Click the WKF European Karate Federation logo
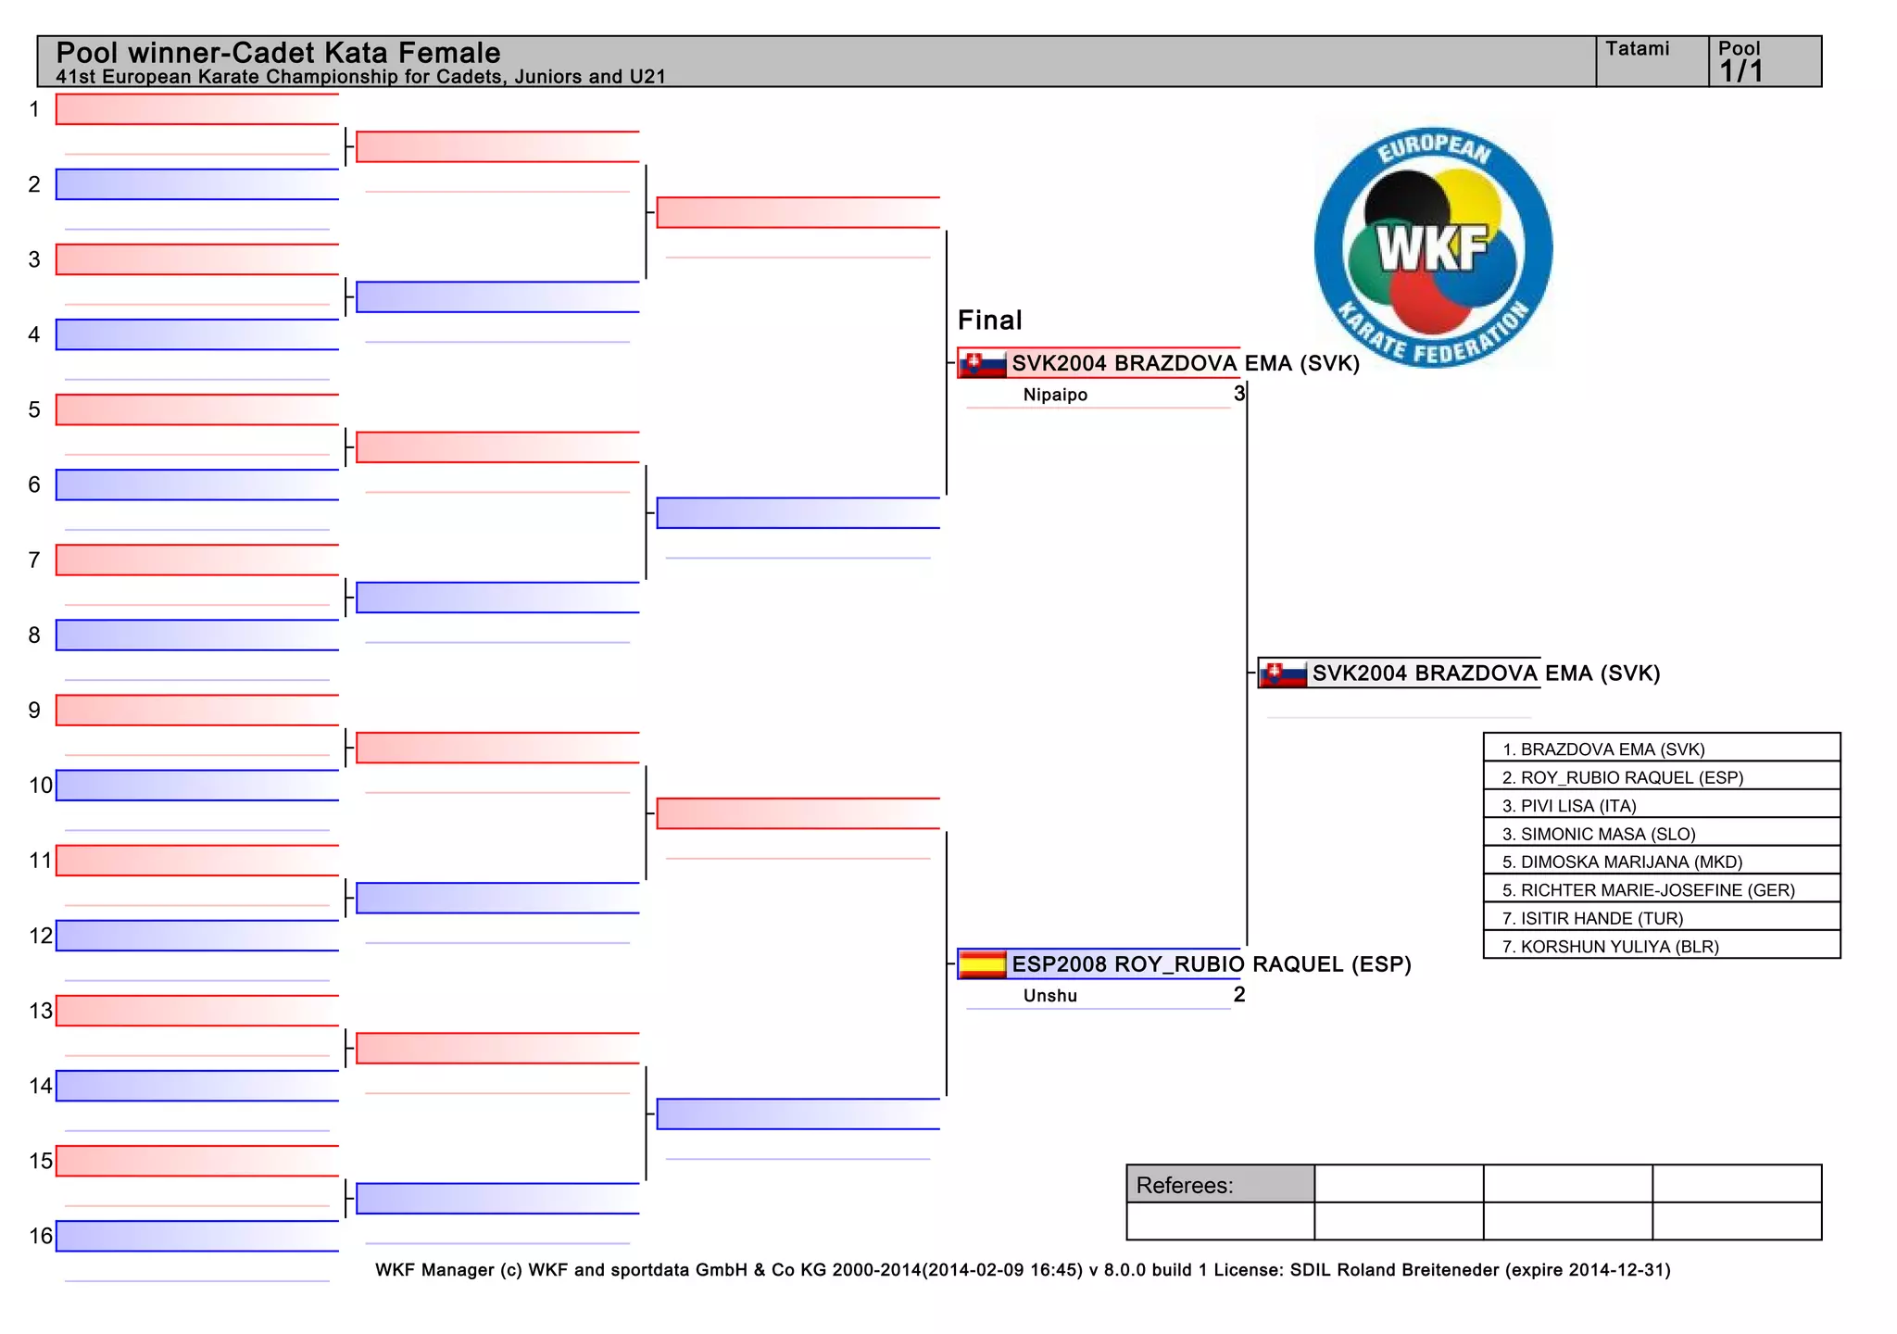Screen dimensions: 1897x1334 coord(1433,247)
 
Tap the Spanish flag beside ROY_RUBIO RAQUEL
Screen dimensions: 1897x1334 coord(983,964)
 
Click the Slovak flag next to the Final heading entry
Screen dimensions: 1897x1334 coord(983,363)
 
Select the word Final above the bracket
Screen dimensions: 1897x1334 coord(989,321)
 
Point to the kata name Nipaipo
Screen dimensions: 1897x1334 coord(1055,395)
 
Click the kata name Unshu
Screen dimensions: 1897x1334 coord(1050,996)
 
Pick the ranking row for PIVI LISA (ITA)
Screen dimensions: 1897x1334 coord(1661,805)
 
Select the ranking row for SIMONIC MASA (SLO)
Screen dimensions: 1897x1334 coord(1661,834)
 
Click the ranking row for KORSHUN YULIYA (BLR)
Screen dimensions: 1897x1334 coord(1661,946)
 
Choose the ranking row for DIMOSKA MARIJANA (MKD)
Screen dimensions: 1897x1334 coord(1661,862)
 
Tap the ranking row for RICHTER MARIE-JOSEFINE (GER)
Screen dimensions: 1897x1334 coord(1661,890)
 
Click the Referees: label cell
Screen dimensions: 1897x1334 coord(1220,1185)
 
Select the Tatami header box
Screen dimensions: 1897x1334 coord(1652,61)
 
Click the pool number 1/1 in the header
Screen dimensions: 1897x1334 coord(1741,71)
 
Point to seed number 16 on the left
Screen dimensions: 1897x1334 coord(41,1236)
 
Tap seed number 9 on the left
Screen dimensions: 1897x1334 coord(34,711)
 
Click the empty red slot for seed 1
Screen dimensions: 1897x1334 coord(196,109)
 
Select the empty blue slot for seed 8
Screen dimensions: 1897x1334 coord(196,636)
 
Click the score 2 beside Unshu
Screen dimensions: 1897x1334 coord(1239,995)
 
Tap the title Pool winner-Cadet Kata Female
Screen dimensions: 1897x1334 coord(278,53)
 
